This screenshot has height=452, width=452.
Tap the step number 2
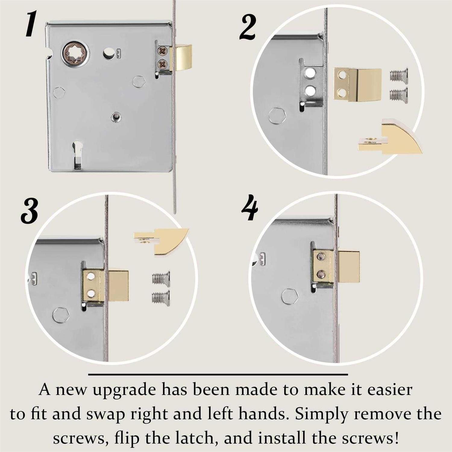click(248, 28)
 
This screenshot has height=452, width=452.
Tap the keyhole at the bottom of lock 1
click(77, 155)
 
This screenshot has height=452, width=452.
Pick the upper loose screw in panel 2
click(398, 75)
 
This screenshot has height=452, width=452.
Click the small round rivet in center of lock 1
click(115, 116)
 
